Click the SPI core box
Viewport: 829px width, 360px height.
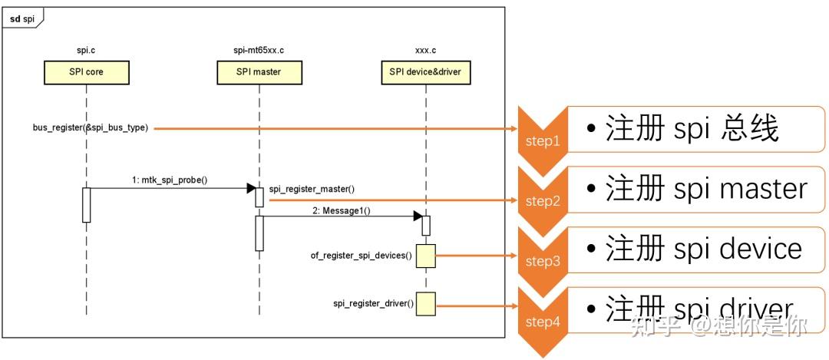pyautogui.click(x=86, y=72)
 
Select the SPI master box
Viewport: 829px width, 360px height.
pyautogui.click(x=259, y=72)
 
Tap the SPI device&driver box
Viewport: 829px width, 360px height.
pyautogui.click(x=425, y=72)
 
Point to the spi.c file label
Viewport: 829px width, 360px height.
pyautogui.click(x=86, y=51)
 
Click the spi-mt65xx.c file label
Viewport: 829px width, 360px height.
pyautogui.click(x=259, y=51)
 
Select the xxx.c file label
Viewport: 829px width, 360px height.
pyautogui.click(x=425, y=51)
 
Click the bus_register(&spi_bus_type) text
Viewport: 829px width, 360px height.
pyautogui.click(x=90, y=128)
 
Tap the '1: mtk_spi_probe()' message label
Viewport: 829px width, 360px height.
pyautogui.click(x=169, y=180)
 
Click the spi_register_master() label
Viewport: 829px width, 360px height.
pyautogui.click(x=312, y=188)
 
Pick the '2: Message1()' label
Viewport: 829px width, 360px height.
pyautogui.click(x=341, y=210)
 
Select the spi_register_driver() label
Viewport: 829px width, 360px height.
pyautogui.click(x=373, y=304)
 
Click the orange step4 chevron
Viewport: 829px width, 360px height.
pyautogui.click(x=542, y=322)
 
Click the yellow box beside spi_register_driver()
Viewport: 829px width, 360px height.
pyautogui.click(x=425, y=304)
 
